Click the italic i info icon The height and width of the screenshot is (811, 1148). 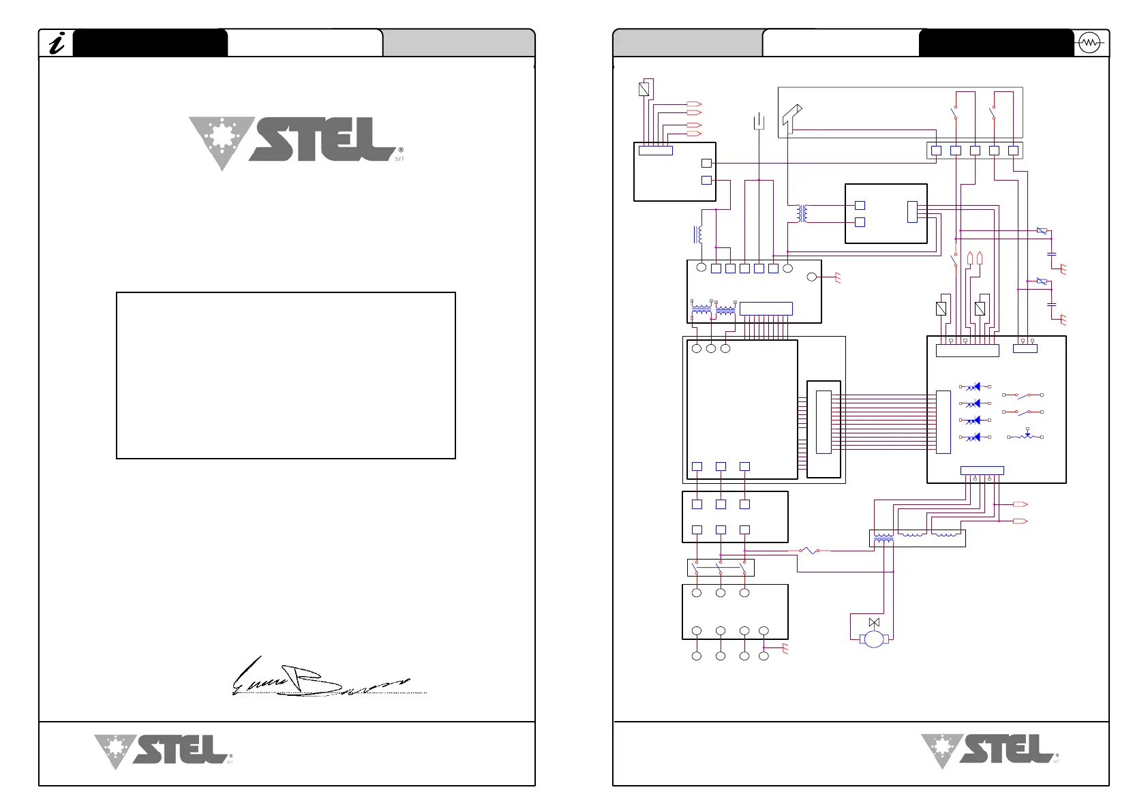[57, 44]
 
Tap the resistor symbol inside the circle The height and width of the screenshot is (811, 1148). [1089, 43]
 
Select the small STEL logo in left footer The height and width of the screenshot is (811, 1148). [164, 751]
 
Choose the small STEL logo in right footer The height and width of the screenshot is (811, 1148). [990, 751]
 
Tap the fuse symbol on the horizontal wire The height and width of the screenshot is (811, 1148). [809, 550]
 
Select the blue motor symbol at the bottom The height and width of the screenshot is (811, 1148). [873, 639]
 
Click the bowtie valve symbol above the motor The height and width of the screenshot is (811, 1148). [874, 622]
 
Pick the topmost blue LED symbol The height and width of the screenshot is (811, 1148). [975, 386]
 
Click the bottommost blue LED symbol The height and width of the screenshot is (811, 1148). [975, 437]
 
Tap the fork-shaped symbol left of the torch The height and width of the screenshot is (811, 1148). [759, 122]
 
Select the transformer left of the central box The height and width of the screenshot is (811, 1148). [802, 213]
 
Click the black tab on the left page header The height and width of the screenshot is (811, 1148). [150, 43]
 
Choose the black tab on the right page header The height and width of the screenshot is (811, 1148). [995, 43]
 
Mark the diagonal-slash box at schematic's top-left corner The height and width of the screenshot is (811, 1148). [644, 89]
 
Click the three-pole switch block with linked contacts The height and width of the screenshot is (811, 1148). [721, 567]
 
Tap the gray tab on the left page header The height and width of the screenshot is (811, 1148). [458, 43]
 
